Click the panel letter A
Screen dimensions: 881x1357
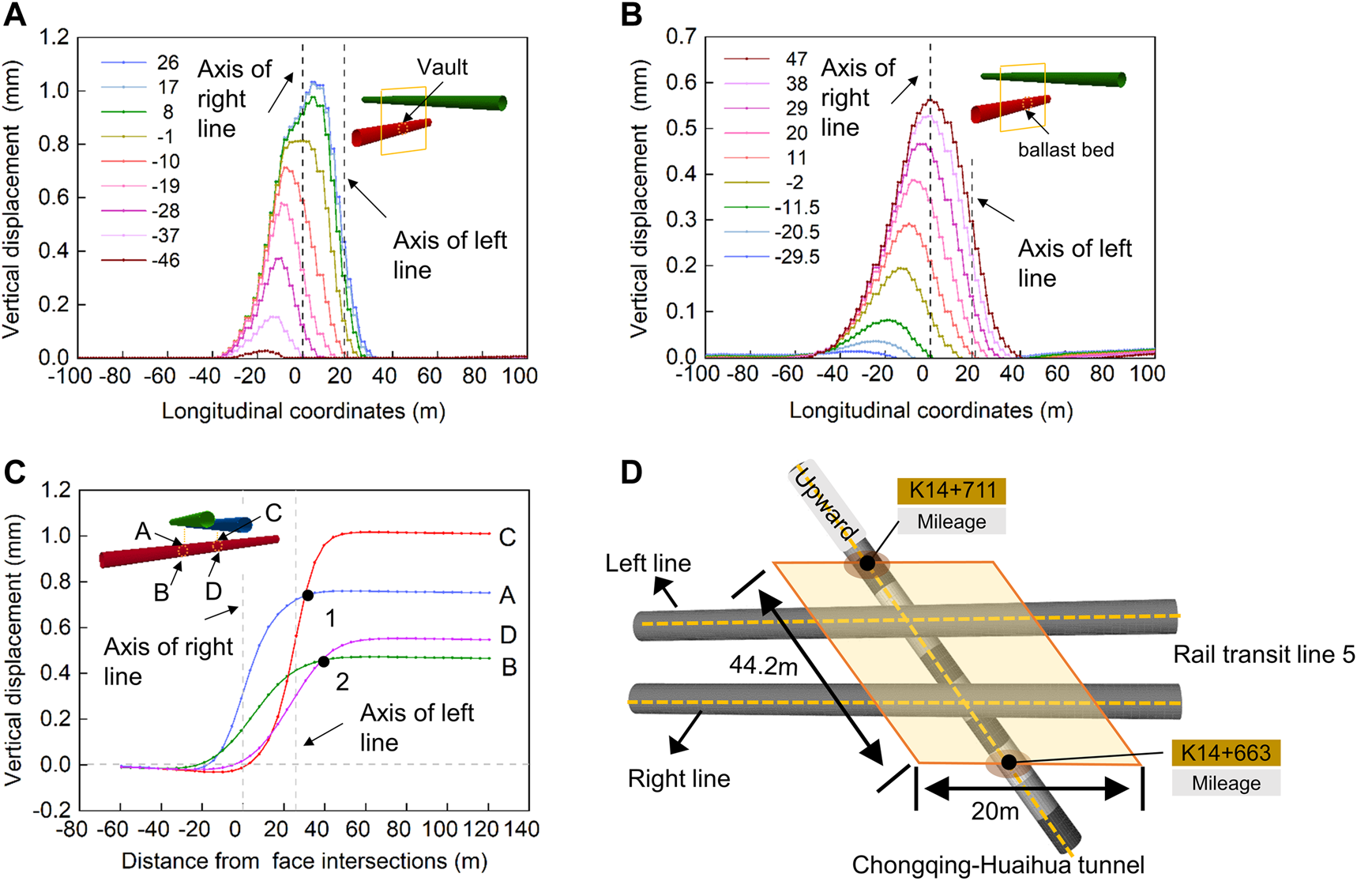[x=15, y=15]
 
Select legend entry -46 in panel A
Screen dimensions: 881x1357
[x=166, y=261]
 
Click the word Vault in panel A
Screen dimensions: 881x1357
[x=442, y=67]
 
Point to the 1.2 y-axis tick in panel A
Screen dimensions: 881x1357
[x=55, y=37]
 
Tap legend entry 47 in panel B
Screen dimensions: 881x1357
[x=796, y=59]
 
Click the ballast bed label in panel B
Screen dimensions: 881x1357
[x=1066, y=150]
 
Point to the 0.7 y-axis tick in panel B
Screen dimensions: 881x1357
[x=682, y=36]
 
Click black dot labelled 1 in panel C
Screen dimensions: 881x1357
[x=308, y=596]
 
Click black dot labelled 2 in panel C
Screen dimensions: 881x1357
[x=323, y=662]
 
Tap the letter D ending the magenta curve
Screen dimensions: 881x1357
[x=508, y=635]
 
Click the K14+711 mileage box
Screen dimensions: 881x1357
[x=951, y=491]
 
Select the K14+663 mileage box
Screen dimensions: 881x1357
[x=1225, y=753]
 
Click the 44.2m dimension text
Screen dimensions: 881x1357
[x=763, y=667]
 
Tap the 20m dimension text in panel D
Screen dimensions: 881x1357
[x=994, y=811]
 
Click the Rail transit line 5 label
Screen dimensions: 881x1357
[x=1263, y=655]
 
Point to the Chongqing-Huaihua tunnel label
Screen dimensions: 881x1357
[x=998, y=866]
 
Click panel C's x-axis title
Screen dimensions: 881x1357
[x=304, y=861]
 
